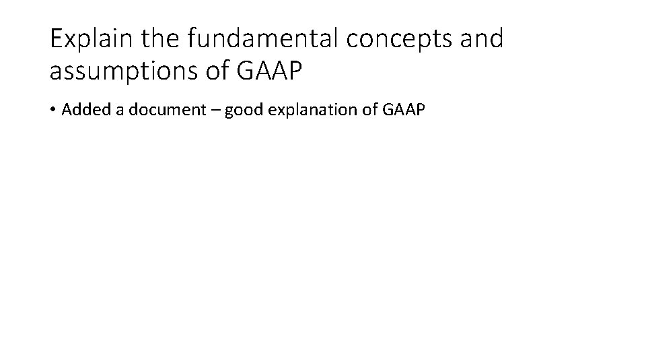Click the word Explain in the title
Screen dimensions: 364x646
tap(94, 39)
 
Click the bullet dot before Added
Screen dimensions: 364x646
tap(53, 111)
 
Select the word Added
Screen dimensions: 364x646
tap(81, 110)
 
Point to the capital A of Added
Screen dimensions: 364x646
tap(66, 110)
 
